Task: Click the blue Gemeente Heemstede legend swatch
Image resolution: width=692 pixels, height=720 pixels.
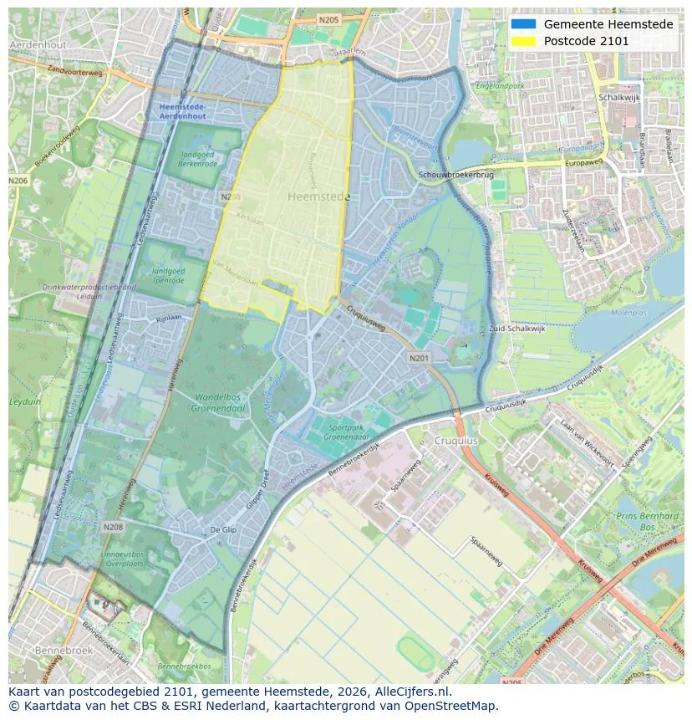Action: pyautogui.click(x=524, y=24)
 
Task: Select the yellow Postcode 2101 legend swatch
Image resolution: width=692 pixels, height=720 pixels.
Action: pyautogui.click(x=524, y=41)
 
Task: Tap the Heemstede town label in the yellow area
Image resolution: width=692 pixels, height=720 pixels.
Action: pyautogui.click(x=318, y=197)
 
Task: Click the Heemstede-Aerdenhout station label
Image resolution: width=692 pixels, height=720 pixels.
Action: pyautogui.click(x=182, y=112)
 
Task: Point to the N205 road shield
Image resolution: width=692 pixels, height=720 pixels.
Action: pyautogui.click(x=328, y=18)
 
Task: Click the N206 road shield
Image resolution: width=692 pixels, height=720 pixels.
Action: pyautogui.click(x=18, y=181)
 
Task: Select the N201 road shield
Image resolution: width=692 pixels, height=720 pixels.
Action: pyautogui.click(x=420, y=358)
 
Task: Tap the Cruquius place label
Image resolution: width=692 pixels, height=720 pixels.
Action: pyautogui.click(x=455, y=441)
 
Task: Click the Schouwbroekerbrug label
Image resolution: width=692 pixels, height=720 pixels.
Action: pyautogui.click(x=456, y=175)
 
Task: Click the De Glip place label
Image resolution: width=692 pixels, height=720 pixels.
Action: pyautogui.click(x=224, y=530)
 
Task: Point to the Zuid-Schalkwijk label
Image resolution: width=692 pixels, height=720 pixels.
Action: pyautogui.click(x=516, y=329)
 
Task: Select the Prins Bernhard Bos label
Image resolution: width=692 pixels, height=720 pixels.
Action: pyautogui.click(x=648, y=522)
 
